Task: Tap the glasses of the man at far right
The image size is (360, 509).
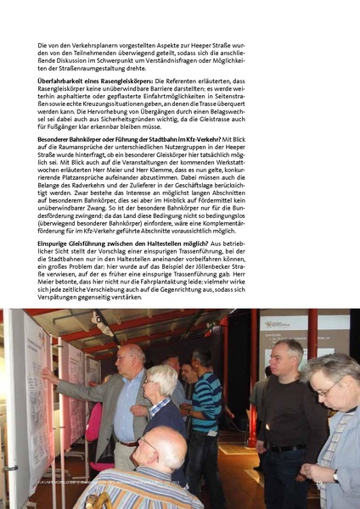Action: point(325,389)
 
